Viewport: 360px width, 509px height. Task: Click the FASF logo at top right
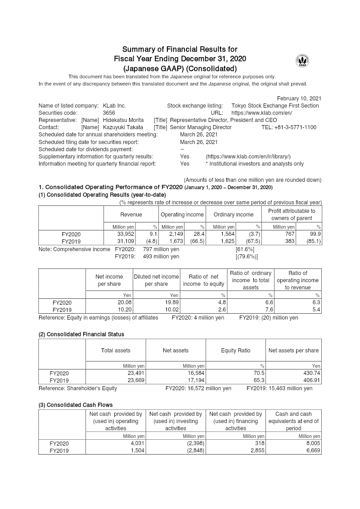coord(302,61)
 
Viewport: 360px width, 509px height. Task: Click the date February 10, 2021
coord(299,98)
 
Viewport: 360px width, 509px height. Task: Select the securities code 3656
coord(109,113)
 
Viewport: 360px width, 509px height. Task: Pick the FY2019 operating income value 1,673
coord(176,241)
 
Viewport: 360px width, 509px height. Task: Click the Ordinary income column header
coord(233,215)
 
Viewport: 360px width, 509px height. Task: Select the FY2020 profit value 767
coord(290,234)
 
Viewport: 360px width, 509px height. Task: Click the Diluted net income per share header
coord(156,280)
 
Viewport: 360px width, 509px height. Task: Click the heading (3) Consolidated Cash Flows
coord(76,405)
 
